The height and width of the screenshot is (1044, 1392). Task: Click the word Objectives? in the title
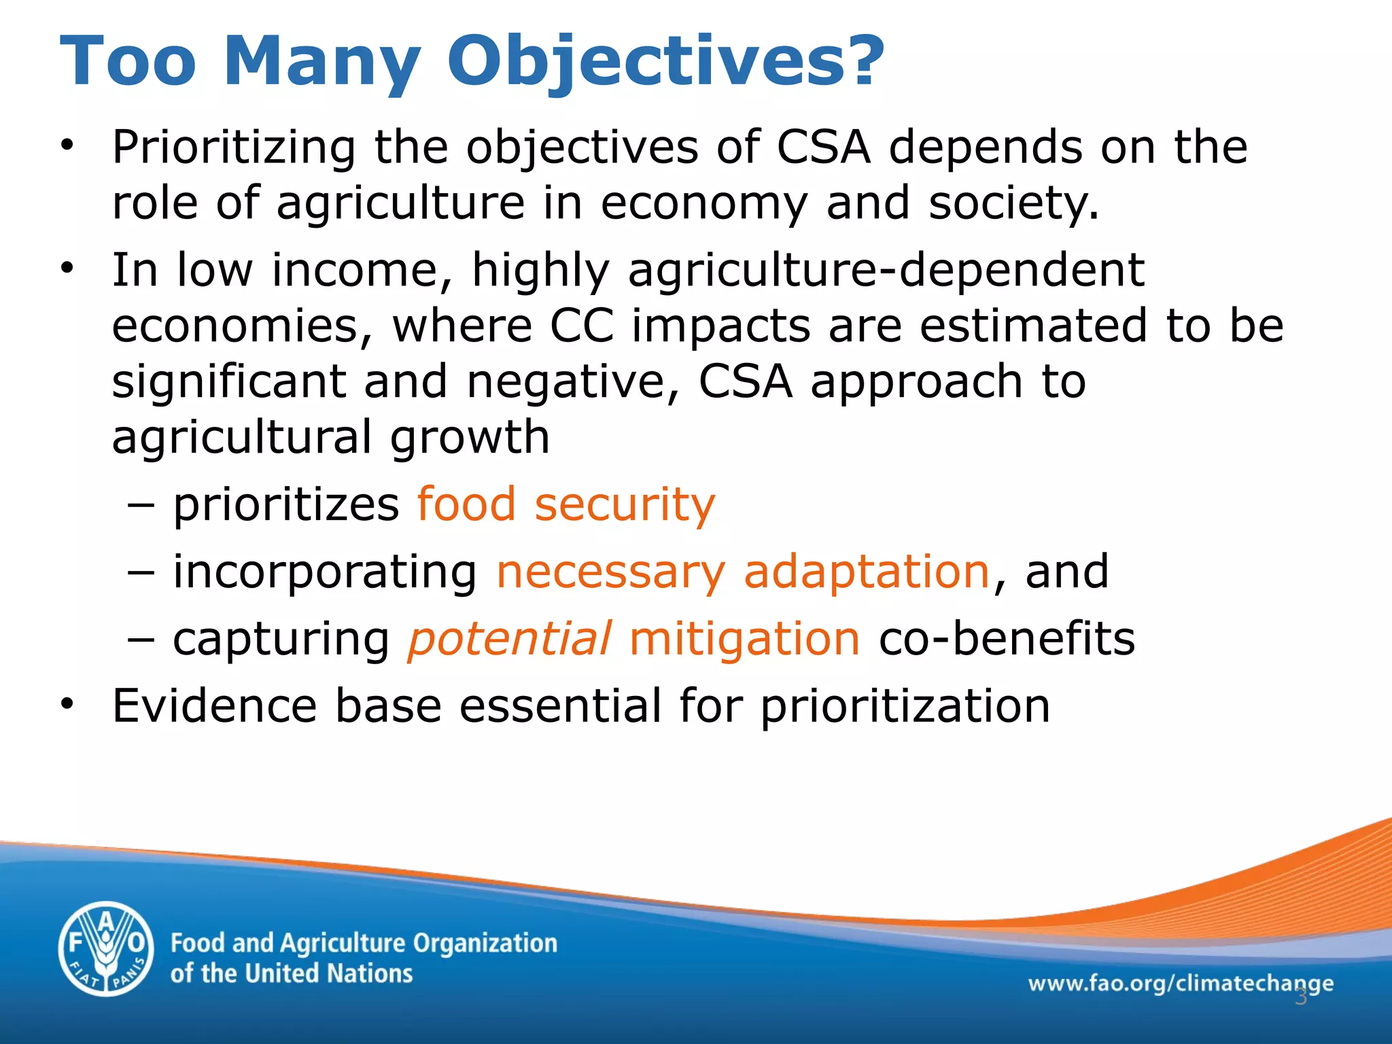point(665,63)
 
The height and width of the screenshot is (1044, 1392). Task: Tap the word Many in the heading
point(321,63)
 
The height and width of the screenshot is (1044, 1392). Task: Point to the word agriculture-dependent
point(886,270)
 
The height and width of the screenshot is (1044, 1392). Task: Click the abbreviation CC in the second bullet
point(581,326)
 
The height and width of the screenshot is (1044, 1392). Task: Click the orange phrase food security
point(565,504)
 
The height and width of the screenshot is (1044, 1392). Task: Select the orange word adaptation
point(866,571)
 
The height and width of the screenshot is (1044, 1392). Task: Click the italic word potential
point(509,639)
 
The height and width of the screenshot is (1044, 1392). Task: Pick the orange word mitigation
point(745,639)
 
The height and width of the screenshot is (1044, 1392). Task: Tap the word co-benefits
point(1007,639)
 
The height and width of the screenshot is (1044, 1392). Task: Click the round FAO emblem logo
point(106,949)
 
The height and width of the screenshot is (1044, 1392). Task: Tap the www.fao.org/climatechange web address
point(1180,983)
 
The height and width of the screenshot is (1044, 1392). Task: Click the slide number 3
point(1300,997)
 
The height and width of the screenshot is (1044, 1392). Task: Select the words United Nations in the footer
point(328,973)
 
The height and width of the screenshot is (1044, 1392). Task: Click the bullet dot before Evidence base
point(66,704)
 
